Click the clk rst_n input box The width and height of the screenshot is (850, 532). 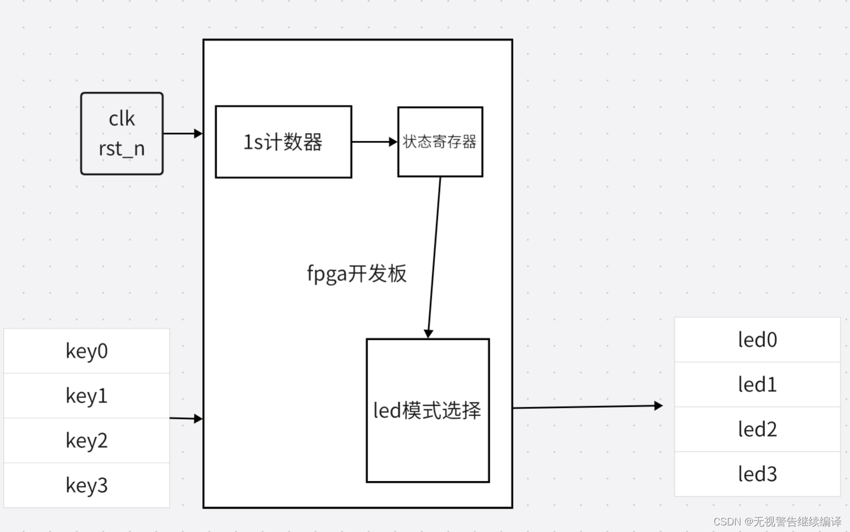click(122, 133)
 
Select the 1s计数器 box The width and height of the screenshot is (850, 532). click(283, 142)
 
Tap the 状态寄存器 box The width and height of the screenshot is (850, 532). click(440, 142)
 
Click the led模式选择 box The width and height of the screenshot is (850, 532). click(427, 410)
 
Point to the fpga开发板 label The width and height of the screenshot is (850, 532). click(356, 273)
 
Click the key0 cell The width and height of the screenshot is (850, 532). click(87, 351)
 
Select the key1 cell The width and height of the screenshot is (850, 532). click(87, 396)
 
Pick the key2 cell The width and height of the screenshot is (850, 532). click(87, 440)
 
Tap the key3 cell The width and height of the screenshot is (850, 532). click(87, 485)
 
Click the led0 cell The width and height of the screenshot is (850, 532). click(757, 340)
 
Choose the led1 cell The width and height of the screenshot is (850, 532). click(757, 384)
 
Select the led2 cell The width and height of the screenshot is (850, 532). click(757, 429)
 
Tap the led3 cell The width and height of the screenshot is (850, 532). click(757, 474)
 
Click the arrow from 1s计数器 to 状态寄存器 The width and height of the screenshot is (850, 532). click(374, 142)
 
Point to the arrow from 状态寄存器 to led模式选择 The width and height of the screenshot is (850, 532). click(434, 257)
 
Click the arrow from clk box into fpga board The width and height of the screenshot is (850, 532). click(182, 133)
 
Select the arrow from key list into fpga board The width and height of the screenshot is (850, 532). click(186, 419)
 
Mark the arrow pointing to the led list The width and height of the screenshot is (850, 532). click(587, 407)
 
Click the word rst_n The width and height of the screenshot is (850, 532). click(122, 149)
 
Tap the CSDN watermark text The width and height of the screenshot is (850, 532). click(777, 522)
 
